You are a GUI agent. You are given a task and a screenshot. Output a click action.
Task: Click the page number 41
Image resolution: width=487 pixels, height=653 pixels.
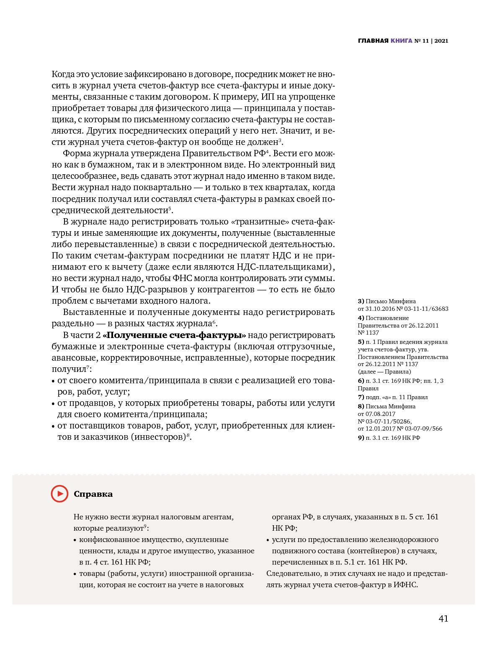(x=443, y=619)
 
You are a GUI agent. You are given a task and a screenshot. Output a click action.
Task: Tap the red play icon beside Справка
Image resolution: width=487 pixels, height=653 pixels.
(x=59, y=494)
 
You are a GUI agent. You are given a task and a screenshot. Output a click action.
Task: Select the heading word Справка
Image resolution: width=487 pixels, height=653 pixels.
(x=93, y=494)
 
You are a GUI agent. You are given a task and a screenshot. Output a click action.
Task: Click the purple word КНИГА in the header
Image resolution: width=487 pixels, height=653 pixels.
(x=401, y=41)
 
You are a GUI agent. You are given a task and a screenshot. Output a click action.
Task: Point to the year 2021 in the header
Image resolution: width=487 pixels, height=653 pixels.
(x=441, y=41)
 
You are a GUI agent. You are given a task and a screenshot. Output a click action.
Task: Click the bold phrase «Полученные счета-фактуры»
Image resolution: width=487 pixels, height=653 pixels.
(x=174, y=335)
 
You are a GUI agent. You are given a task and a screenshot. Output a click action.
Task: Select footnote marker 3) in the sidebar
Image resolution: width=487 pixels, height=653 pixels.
(x=361, y=301)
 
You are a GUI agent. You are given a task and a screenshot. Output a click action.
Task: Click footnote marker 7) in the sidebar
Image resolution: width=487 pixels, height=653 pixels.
(x=361, y=397)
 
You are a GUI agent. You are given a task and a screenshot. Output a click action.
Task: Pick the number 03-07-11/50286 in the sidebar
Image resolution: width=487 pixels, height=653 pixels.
(x=391, y=421)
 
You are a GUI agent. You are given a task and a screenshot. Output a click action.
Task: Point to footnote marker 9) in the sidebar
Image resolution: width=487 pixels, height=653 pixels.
(x=361, y=438)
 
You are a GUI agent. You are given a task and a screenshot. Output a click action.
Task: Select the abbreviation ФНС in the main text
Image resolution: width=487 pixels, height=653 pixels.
(x=182, y=278)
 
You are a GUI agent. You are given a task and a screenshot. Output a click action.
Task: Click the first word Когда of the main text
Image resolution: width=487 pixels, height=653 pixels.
(x=63, y=75)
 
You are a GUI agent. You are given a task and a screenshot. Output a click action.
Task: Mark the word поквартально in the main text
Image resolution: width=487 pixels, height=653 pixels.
(x=167, y=188)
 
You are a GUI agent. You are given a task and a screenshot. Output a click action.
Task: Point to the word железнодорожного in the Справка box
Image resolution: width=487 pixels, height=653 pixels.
(x=404, y=539)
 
